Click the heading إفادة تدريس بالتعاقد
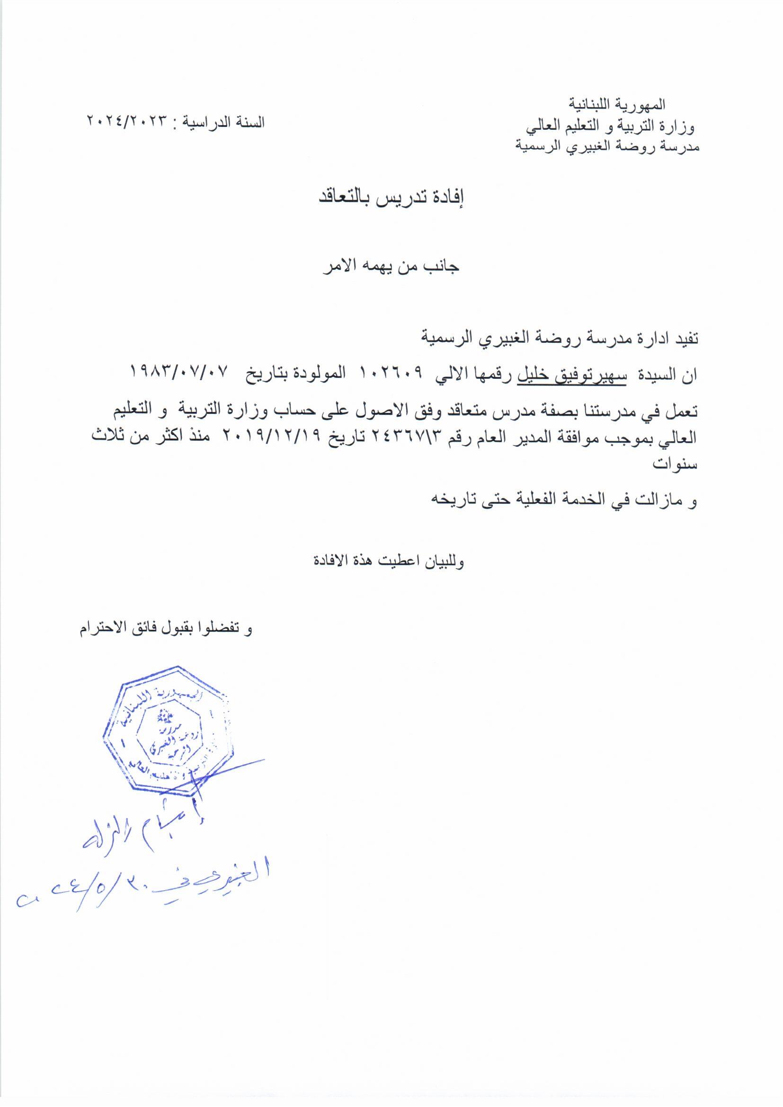(391, 198)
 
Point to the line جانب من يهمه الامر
(391, 267)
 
